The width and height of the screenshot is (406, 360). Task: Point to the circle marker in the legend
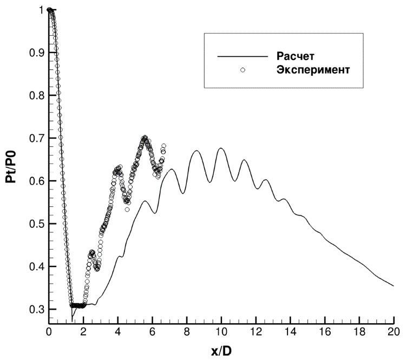pyautogui.click(x=243, y=70)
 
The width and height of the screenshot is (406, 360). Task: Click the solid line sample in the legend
pyautogui.click(x=243, y=56)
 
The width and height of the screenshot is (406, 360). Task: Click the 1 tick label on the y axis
pyautogui.click(x=40, y=10)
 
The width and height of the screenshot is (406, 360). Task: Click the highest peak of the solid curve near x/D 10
pyautogui.click(x=221, y=148)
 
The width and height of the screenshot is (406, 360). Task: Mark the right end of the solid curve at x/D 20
pyautogui.click(x=394, y=286)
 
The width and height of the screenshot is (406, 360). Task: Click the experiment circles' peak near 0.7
pyautogui.click(x=145, y=138)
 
